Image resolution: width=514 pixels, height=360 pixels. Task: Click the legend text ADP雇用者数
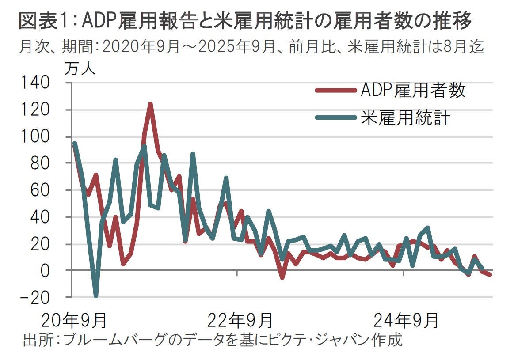coord(413,91)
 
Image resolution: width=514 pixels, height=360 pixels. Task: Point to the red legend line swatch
coord(335,91)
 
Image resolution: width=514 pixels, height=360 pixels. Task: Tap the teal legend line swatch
coord(335,117)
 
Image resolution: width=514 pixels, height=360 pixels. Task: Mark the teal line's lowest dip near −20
coord(96,296)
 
